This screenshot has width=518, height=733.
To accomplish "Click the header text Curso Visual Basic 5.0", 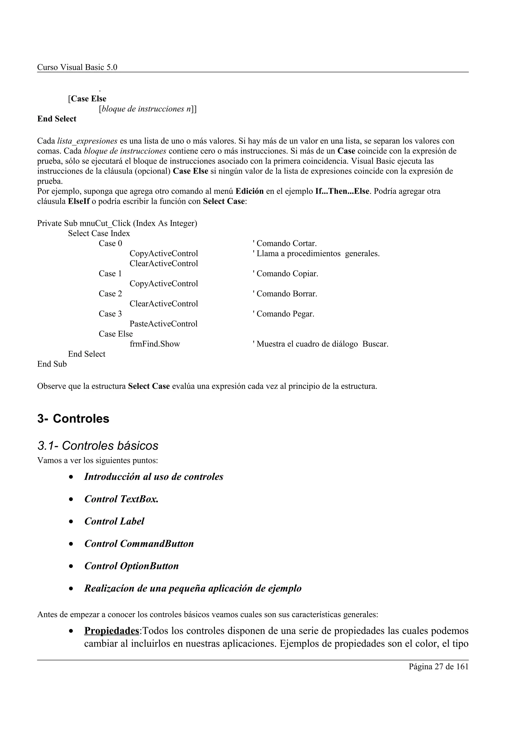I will click(77, 67).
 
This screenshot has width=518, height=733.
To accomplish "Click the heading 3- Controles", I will click(73, 419).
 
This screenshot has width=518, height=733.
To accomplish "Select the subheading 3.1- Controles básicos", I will click(98, 446).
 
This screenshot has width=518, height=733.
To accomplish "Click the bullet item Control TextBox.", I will click(121, 499).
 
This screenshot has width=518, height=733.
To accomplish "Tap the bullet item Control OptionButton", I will click(131, 566).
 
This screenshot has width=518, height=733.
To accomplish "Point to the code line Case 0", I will click(110, 244).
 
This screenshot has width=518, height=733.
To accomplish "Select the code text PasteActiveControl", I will click(163, 324).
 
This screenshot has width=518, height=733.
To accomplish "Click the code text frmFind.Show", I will click(155, 344).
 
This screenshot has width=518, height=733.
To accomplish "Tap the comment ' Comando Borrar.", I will click(285, 294).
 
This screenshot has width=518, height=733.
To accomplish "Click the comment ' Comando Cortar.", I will click(284, 244).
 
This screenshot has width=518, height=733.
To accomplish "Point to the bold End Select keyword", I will click(57, 119).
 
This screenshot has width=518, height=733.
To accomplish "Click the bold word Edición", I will click(249, 191).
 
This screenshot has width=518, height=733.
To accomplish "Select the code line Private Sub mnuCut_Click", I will click(117, 223).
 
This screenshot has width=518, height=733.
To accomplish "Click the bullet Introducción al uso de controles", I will click(154, 477).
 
